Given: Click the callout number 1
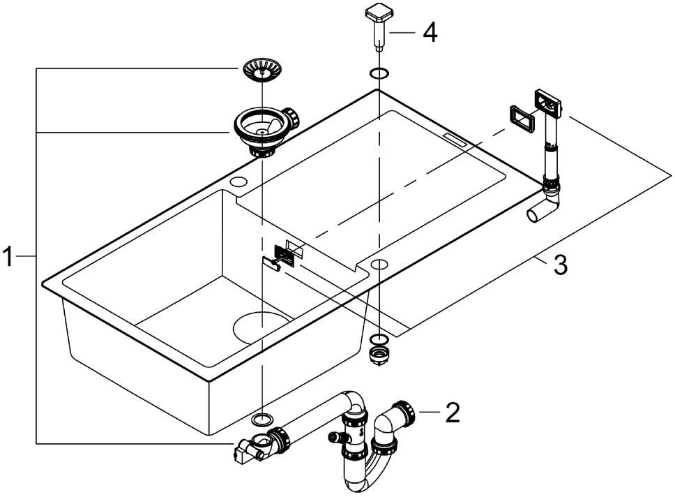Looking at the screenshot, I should click(x=8, y=258).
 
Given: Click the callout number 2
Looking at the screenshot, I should click(x=453, y=413).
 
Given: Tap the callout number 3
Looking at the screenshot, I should click(x=560, y=265).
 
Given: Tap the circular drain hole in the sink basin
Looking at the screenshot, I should click(x=263, y=326).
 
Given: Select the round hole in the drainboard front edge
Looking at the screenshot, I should click(x=379, y=263).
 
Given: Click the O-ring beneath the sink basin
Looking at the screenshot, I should click(x=261, y=419).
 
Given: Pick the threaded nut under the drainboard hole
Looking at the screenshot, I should click(x=378, y=350).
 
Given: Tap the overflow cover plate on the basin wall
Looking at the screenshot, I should click(x=282, y=252).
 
